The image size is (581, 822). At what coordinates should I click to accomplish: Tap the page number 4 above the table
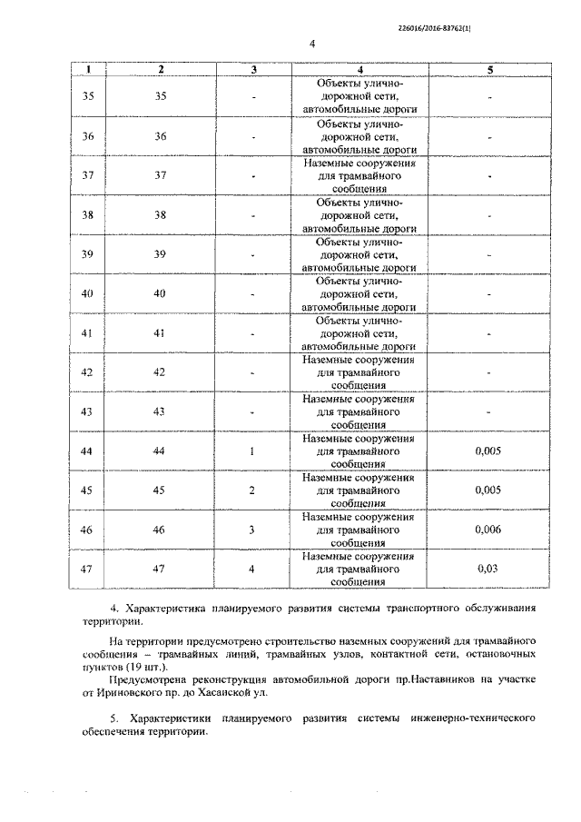(x=310, y=44)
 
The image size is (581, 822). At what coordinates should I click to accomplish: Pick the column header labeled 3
(x=253, y=69)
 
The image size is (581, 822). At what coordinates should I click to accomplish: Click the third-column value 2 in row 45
(x=253, y=490)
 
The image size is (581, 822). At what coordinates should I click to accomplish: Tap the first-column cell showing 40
(x=88, y=293)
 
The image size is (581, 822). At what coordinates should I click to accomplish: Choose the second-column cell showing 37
(x=161, y=175)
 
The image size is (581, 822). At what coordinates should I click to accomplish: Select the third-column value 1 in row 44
(x=253, y=451)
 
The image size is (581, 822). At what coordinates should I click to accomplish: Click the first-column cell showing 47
(x=88, y=569)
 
